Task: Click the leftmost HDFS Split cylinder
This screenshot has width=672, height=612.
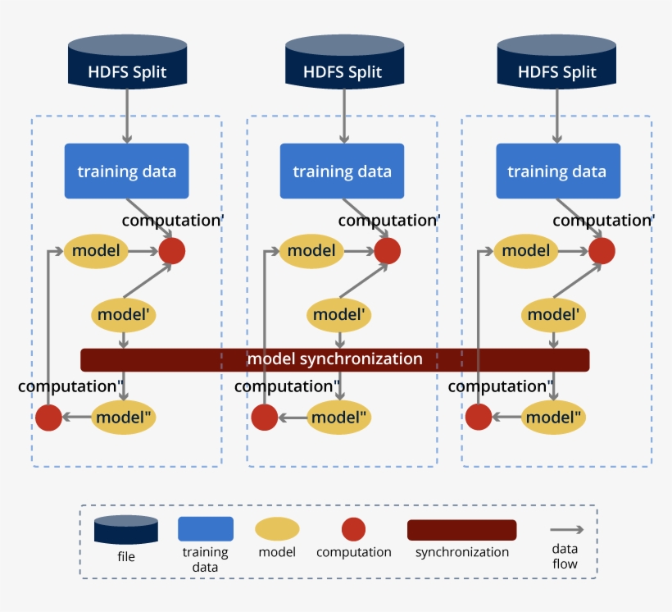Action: pos(127,62)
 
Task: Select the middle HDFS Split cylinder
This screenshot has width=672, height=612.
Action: pos(343,62)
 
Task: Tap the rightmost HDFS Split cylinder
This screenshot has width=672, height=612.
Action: pos(557,62)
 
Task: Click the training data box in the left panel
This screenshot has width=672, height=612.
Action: pos(127,171)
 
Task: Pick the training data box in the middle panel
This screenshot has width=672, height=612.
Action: pos(343,171)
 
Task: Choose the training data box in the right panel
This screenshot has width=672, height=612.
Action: pos(557,171)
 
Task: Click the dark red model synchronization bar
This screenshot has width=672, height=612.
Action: pos(334,359)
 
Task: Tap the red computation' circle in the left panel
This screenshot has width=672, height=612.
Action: pos(172,250)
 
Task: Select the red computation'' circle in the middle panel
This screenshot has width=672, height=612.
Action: pos(264,418)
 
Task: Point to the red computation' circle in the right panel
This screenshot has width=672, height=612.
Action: pos(602,250)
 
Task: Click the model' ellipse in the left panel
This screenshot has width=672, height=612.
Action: pos(123,314)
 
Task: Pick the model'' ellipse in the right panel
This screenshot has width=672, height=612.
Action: pos(554,418)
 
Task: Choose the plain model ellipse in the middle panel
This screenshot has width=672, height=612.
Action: pos(312,250)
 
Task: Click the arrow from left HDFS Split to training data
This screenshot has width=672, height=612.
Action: pos(127,115)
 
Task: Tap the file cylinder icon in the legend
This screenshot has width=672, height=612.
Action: pos(125,530)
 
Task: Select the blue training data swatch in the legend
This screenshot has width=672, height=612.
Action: pos(206,529)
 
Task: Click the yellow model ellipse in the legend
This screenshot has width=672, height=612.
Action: pos(277,529)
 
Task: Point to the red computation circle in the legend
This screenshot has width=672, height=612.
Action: pos(353,529)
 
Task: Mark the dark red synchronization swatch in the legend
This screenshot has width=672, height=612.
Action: pos(461,530)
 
